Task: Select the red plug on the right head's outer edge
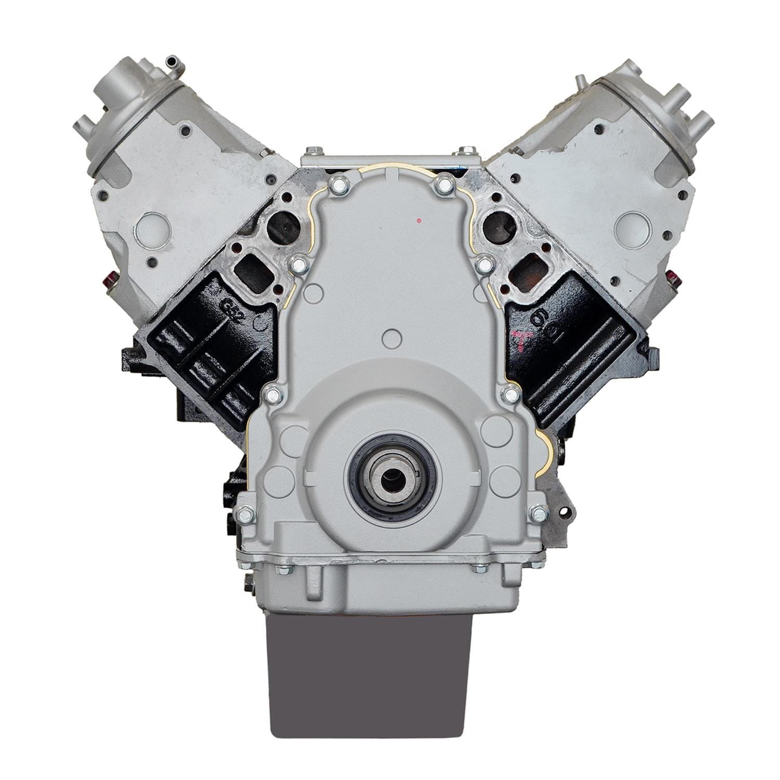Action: pyautogui.click(x=670, y=278)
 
